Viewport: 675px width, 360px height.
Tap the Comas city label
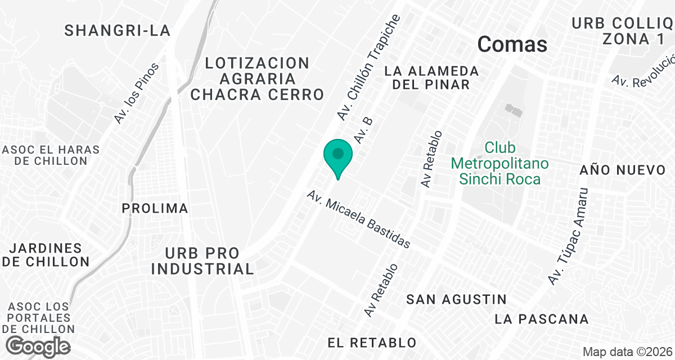tap(512, 44)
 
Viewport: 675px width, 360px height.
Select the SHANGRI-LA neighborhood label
tap(117, 30)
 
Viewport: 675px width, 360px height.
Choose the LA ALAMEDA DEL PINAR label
tap(431, 78)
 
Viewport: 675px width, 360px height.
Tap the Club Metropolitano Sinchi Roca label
tap(499, 164)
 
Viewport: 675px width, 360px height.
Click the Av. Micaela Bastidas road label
tap(358, 219)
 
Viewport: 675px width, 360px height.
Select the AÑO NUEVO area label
tap(623, 170)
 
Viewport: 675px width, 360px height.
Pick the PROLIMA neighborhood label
tap(155, 209)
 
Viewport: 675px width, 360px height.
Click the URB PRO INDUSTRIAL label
tap(202, 261)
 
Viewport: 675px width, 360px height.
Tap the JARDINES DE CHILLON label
tap(46, 255)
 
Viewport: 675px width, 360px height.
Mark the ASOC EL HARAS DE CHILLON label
tap(51, 155)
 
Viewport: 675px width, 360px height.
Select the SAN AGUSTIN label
tap(456, 299)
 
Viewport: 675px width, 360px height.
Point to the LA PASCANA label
tap(542, 319)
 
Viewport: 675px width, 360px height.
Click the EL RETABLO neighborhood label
tap(372, 343)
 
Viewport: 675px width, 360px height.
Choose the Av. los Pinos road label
tap(136, 93)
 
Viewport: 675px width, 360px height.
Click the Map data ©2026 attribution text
tap(626, 352)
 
